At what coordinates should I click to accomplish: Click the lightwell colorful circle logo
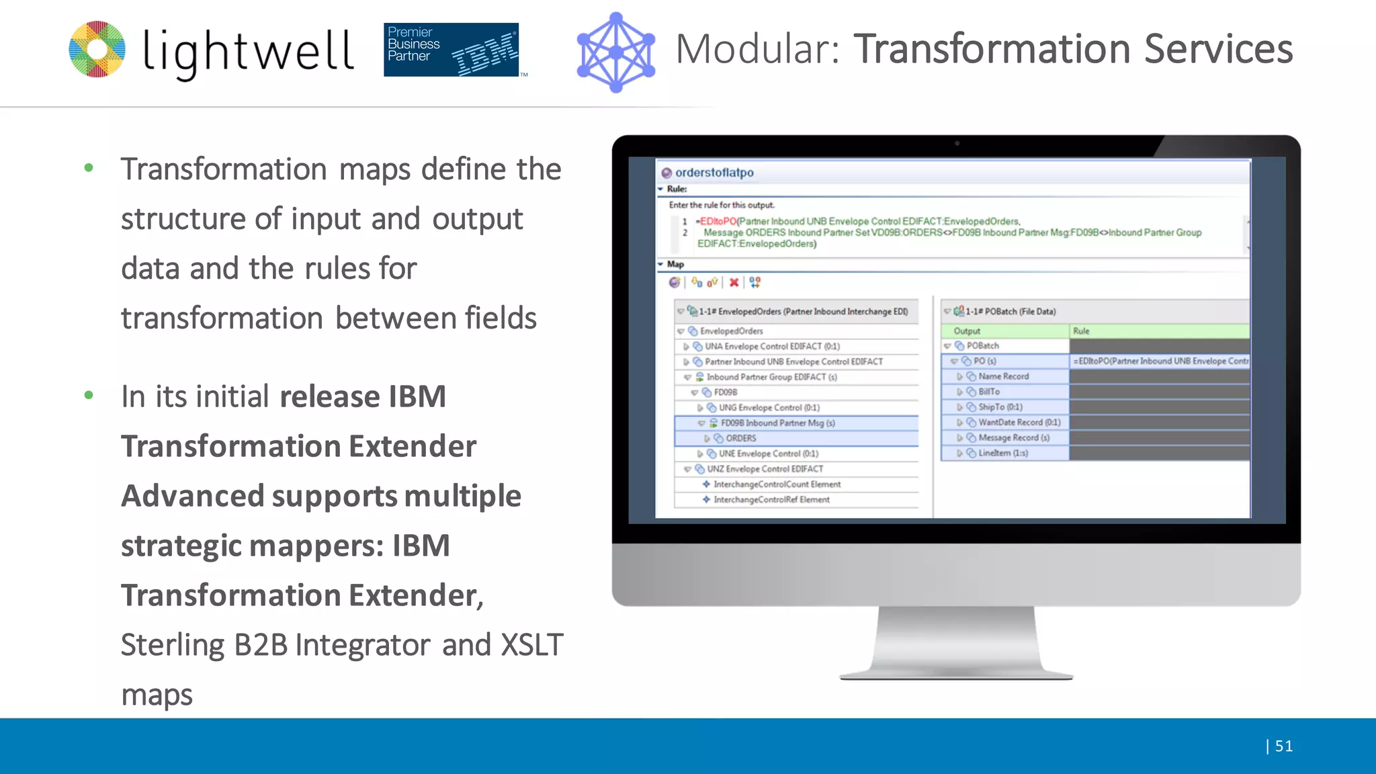click(97, 49)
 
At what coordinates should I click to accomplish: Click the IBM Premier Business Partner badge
click(451, 50)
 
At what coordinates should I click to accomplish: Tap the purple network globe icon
click(615, 52)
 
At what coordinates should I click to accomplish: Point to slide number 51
click(1283, 746)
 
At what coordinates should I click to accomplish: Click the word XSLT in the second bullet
click(532, 645)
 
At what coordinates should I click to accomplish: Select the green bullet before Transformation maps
click(89, 168)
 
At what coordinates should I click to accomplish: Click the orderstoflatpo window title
click(714, 173)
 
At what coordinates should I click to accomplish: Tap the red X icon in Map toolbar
click(734, 282)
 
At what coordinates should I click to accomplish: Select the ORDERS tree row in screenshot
click(740, 438)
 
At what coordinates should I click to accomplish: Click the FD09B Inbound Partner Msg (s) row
click(777, 423)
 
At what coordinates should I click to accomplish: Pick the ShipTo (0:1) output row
click(1000, 407)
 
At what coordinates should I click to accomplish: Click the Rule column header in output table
click(1081, 331)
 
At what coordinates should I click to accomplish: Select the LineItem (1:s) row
click(1002, 453)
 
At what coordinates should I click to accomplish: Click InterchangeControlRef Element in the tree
click(771, 500)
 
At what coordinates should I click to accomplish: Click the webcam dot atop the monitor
click(957, 143)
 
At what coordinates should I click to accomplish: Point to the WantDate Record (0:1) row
click(1019, 423)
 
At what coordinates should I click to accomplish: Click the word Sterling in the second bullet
click(172, 645)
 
